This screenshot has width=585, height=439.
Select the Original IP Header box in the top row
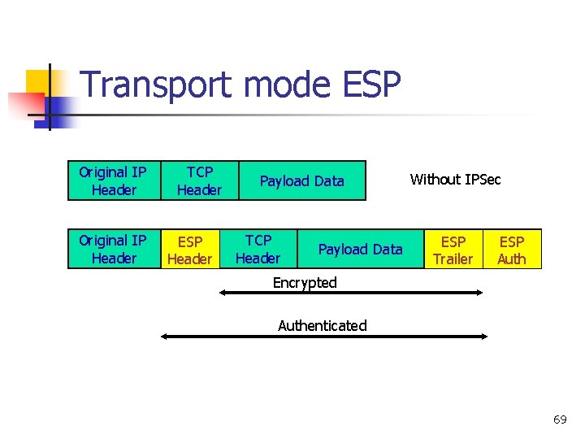click(x=113, y=180)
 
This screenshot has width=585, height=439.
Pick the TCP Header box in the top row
click(x=199, y=180)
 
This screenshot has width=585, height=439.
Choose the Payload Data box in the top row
click(x=302, y=180)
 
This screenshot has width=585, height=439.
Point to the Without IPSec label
click(x=455, y=179)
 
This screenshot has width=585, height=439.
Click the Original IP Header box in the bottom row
click(x=113, y=249)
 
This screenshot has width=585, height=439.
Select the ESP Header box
click(x=189, y=250)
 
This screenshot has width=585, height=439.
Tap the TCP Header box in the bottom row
click(x=258, y=249)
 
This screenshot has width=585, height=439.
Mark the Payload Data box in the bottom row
click(x=360, y=249)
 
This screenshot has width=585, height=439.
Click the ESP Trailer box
click(x=453, y=250)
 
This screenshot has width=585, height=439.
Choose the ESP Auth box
click(x=512, y=250)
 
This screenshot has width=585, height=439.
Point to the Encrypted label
click(x=305, y=282)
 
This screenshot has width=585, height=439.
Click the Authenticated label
click(x=323, y=325)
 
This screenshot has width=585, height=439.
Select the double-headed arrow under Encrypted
click(x=351, y=293)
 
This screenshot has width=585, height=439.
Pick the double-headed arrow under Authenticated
click(x=323, y=337)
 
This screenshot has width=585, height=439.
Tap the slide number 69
click(x=560, y=419)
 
